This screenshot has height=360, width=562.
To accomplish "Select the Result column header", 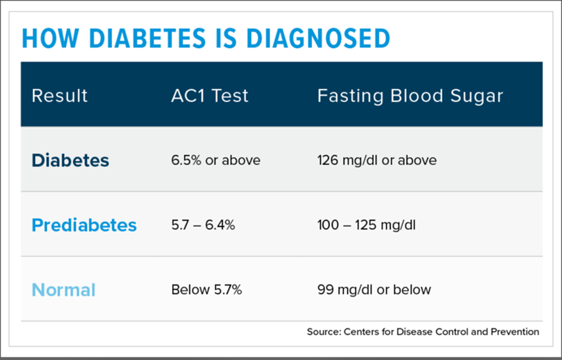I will [x=59, y=96].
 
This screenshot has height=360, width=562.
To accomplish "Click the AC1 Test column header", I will [x=210, y=96].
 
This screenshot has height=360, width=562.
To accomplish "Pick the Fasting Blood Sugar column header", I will [x=410, y=96].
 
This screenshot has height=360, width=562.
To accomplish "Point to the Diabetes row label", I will [x=71, y=160].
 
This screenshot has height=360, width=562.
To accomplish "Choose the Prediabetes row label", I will [x=84, y=225].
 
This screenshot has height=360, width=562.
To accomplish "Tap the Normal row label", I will [x=63, y=289].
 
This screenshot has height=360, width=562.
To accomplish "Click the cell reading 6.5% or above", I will [x=216, y=160].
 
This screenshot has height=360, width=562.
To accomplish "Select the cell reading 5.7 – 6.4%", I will [x=203, y=225].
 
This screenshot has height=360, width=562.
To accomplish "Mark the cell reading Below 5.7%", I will [x=206, y=289].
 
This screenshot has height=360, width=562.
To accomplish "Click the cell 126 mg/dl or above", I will [x=377, y=160].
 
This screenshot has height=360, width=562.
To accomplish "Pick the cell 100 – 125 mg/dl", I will [x=366, y=225].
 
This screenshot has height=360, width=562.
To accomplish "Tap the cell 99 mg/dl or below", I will [x=374, y=289].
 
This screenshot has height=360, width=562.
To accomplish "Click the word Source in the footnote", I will [x=323, y=332].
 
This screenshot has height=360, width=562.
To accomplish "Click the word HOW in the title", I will [x=44, y=38].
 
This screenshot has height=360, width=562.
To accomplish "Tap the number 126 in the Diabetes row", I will [x=328, y=160].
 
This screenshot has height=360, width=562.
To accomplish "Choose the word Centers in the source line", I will [x=361, y=332].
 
